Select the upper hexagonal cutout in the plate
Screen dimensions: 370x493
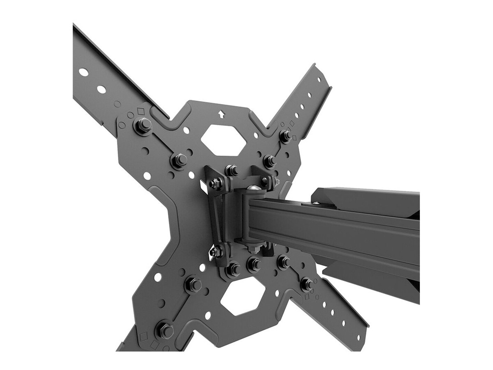[x=223, y=139]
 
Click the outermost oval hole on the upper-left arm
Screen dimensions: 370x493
[x=83, y=72]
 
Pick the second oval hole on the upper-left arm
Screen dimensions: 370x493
[x=101, y=89]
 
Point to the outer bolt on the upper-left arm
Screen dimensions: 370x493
[x=143, y=126]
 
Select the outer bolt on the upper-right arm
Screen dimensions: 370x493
[x=285, y=136]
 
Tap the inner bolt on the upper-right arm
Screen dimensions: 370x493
[x=269, y=160]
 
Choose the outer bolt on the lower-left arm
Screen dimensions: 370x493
[x=165, y=330]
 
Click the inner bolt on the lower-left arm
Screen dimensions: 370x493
[x=194, y=284]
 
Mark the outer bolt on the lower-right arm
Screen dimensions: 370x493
[x=306, y=284]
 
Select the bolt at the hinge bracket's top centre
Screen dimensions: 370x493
[x=232, y=170]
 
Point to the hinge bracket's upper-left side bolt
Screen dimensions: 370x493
[x=215, y=183]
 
